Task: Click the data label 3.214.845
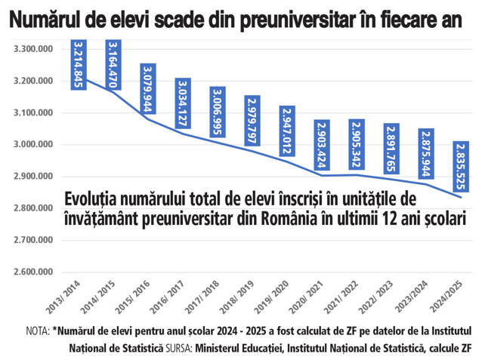pyautogui.click(x=79, y=65)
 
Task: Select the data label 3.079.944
pyautogui.click(x=148, y=89)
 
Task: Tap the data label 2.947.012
pyautogui.click(x=287, y=131)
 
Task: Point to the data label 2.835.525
pyautogui.click(x=461, y=167)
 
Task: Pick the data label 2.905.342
pyautogui.click(x=357, y=144)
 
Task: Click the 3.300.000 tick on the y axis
pyautogui.click(x=33, y=49)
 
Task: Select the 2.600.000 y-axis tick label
pyautogui.click(x=33, y=272)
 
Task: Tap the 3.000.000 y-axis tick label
pyautogui.click(x=33, y=144)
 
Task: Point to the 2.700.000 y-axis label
pyautogui.click(x=33, y=240)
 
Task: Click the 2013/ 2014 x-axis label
pyautogui.click(x=63, y=297)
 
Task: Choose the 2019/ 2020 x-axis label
pyautogui.click(x=271, y=297)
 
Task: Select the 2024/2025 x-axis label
pyautogui.click(x=446, y=297)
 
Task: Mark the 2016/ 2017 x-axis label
pyautogui.click(x=167, y=297)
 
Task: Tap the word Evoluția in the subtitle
pyautogui.click(x=91, y=200)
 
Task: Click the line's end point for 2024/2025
pyautogui.click(x=461, y=198)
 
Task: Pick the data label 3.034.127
pyautogui.click(x=183, y=103)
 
